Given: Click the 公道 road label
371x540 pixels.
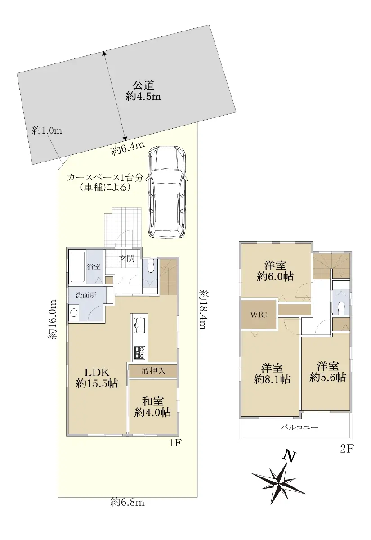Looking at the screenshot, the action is (143, 85).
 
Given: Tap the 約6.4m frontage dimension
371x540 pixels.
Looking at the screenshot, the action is (128, 149).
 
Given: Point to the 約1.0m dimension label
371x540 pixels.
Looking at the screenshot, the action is (47, 130).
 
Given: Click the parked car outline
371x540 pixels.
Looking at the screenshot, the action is (167, 192).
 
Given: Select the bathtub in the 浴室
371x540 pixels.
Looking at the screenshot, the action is (77, 268).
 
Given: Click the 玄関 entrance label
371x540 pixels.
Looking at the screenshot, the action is (127, 259).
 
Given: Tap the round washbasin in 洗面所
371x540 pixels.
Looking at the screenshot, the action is (74, 312).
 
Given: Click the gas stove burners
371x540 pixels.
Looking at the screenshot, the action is (139, 353).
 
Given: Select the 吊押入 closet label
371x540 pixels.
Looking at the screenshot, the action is (153, 371).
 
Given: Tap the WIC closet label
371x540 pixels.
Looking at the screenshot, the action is (259, 315).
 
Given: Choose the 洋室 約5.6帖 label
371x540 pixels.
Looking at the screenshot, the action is (328, 373).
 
